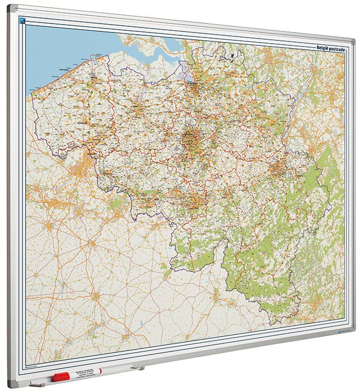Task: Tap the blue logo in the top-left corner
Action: (x=22, y=22)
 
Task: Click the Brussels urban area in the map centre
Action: (x=191, y=138)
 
